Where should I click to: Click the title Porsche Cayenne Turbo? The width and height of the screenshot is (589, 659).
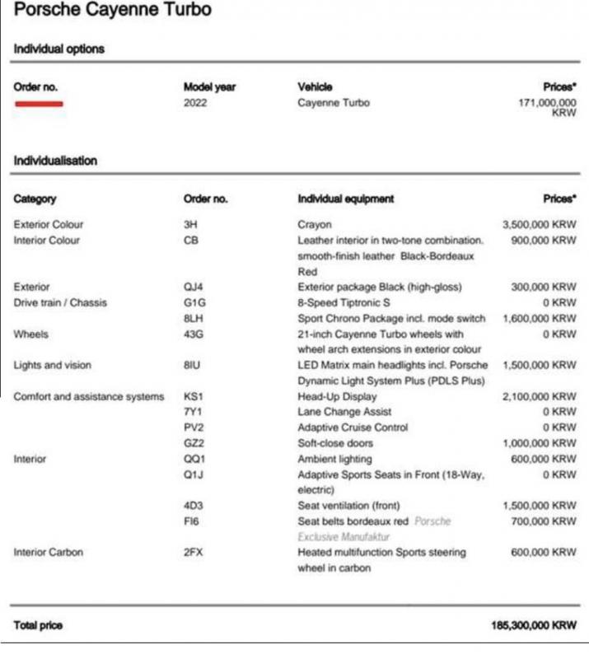click(x=113, y=11)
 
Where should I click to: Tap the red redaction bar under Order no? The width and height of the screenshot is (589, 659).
click(x=39, y=104)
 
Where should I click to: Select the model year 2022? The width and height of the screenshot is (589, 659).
click(x=195, y=103)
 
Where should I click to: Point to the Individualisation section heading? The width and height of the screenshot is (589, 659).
click(x=55, y=161)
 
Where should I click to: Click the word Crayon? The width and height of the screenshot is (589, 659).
click(x=315, y=224)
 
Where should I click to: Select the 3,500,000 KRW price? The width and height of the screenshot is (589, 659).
click(x=539, y=224)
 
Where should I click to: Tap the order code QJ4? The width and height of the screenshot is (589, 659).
click(x=194, y=287)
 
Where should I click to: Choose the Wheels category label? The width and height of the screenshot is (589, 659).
click(x=31, y=334)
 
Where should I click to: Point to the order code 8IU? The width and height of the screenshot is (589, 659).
click(x=192, y=365)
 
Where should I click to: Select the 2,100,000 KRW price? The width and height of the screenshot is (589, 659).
click(x=539, y=396)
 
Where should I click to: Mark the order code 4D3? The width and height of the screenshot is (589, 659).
click(x=194, y=505)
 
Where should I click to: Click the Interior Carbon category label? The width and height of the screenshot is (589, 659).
click(x=49, y=552)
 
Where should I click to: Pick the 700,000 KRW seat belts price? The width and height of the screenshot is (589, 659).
click(x=543, y=521)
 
